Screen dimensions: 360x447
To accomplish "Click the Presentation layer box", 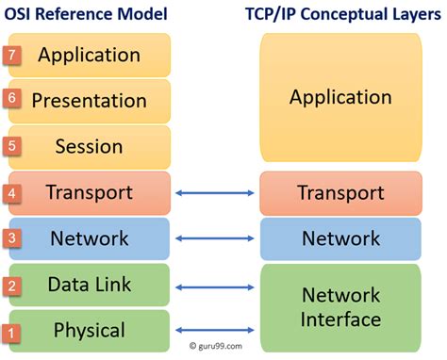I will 90,101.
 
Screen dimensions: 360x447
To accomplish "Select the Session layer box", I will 90,147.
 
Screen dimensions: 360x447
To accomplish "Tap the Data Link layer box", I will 90,285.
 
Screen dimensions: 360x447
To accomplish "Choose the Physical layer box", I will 90,331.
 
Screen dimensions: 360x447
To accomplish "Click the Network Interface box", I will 339,306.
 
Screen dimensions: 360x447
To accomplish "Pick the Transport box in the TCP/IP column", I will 339,193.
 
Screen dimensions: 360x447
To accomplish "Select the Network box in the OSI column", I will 90,239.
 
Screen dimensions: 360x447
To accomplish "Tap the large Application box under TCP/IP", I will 339,98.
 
